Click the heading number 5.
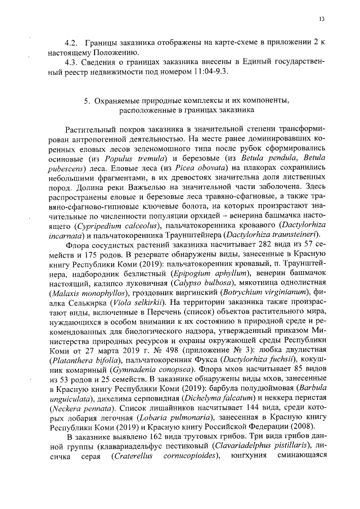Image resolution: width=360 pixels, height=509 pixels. pos(87,100)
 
